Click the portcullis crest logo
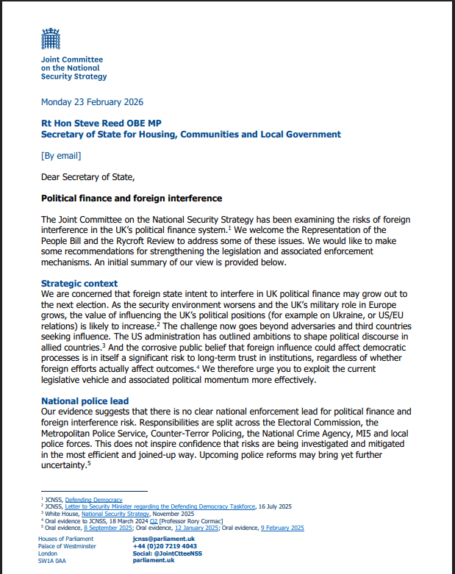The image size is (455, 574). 51,38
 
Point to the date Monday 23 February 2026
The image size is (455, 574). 92,102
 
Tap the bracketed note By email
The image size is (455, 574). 61,156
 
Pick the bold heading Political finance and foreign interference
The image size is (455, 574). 132,198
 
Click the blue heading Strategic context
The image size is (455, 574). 80,283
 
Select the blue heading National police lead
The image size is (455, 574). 85,401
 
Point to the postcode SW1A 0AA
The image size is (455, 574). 51,561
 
